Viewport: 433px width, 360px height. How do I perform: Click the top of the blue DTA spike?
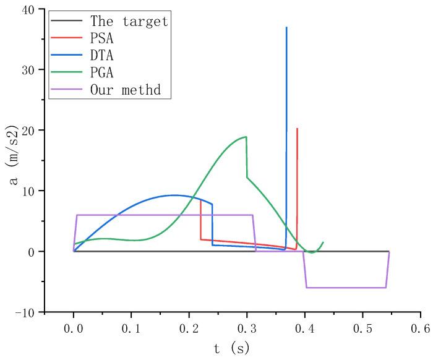click(286, 27)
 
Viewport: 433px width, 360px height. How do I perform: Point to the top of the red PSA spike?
click(298, 129)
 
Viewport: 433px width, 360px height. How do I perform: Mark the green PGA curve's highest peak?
click(246, 137)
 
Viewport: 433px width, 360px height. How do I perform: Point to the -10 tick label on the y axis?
click(27, 312)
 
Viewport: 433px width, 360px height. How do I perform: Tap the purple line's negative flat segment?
click(346, 288)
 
